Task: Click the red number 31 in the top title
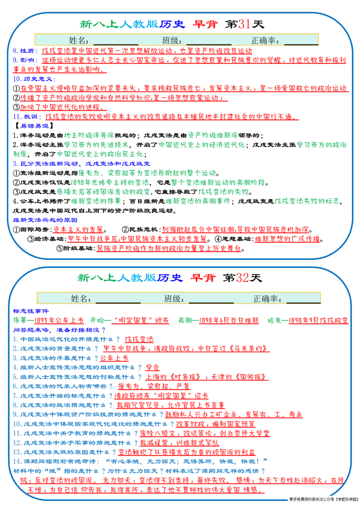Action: point(244,24)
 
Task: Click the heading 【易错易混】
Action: point(33,126)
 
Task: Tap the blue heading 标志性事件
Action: point(31,311)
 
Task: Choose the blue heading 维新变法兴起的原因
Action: point(45,220)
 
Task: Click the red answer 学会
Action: point(152,368)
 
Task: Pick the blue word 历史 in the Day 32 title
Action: point(169,278)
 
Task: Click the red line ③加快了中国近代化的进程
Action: point(60,107)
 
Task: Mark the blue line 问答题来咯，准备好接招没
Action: point(59,330)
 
